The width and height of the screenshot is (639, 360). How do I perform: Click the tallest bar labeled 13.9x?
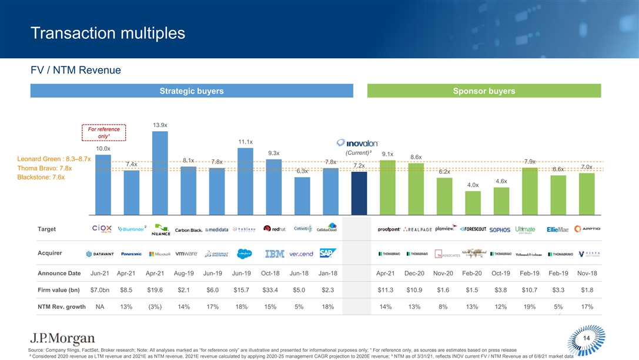click(160, 172)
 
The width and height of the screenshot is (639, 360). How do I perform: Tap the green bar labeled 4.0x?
click(473, 202)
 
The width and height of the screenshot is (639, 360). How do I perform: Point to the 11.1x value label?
click(246, 142)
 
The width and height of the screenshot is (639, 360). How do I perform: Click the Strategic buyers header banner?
click(192, 91)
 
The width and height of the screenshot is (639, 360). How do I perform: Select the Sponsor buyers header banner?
click(484, 91)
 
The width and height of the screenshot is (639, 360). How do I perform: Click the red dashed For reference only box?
click(103, 132)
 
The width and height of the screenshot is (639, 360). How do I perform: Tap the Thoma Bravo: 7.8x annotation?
click(45, 168)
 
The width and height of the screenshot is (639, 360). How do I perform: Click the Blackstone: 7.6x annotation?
click(42, 177)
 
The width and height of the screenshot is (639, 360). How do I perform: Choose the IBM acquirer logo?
click(275, 254)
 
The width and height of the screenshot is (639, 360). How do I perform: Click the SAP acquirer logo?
click(328, 254)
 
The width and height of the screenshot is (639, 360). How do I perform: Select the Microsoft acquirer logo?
click(160, 254)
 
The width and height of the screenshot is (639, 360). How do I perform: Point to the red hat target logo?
click(275, 229)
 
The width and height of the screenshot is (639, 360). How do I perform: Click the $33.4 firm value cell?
click(275, 290)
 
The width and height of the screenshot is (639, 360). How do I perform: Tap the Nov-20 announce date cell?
click(444, 274)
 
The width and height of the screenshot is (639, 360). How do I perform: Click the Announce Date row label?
click(59, 274)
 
